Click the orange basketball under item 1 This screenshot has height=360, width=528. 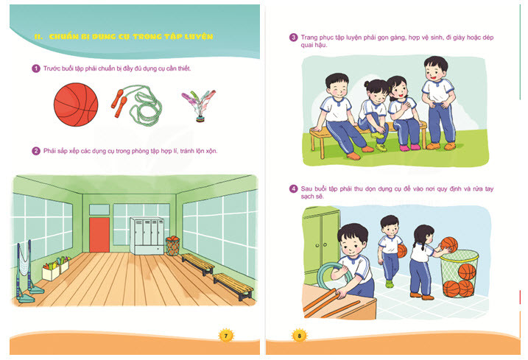[76, 105]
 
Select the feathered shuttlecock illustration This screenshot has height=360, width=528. [199, 105]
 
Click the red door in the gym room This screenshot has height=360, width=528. [99, 234]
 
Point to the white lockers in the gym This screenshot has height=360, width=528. [147, 236]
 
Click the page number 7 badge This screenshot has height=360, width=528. [226, 336]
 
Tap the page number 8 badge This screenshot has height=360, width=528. [299, 336]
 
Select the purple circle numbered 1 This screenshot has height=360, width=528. [36, 68]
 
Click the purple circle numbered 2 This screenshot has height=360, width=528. [36, 151]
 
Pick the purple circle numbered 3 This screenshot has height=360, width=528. [294, 38]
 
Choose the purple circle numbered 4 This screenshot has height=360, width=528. [294, 189]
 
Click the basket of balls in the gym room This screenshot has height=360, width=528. [172, 246]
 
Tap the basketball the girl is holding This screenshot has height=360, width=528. [449, 245]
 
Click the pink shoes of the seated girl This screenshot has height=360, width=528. [410, 147]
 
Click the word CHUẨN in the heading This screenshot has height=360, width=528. [63, 37]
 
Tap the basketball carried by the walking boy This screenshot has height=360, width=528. [402, 251]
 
